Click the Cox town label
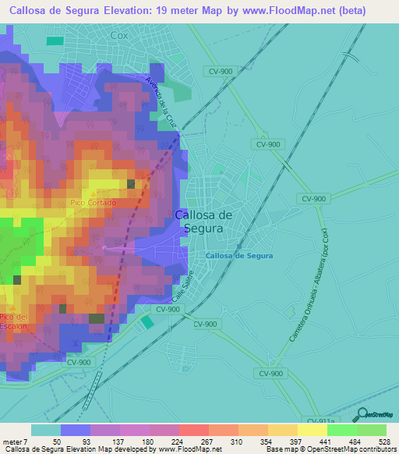119,35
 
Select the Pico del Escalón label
14,321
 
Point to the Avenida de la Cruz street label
158,102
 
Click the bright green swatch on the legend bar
342,430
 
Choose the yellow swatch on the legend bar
312,430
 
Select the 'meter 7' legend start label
15,441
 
